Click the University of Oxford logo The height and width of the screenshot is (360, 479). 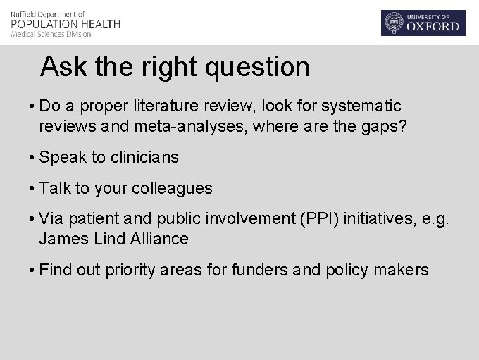[423, 23]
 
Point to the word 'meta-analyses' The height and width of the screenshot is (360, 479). [181, 126]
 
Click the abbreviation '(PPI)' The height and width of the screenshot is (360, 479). [321, 219]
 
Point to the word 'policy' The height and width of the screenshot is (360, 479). [349, 270]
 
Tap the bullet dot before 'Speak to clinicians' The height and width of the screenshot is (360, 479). [33, 158]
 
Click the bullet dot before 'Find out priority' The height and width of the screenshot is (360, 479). [33, 270]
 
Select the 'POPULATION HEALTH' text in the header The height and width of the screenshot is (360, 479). [66, 24]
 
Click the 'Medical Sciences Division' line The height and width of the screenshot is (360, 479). [51, 34]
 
